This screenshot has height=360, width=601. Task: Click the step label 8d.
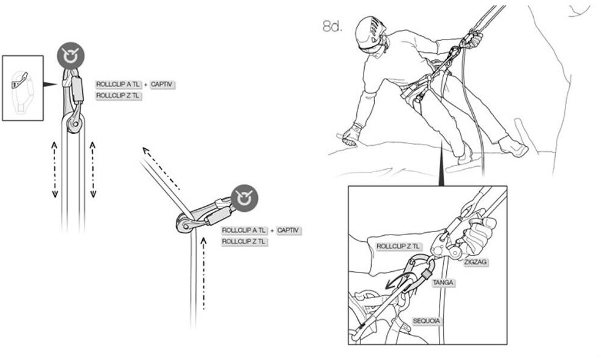(x=332, y=27)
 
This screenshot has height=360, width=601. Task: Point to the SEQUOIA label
(x=427, y=321)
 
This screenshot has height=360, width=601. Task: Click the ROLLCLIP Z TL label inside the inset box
(x=398, y=246)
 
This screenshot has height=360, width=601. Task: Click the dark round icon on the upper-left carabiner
(x=71, y=56)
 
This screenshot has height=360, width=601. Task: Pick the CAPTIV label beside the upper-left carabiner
(x=162, y=85)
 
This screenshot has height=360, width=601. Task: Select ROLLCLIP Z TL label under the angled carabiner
(x=244, y=241)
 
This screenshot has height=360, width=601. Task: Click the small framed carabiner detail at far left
(x=23, y=88)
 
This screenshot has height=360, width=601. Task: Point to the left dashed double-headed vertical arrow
(x=54, y=169)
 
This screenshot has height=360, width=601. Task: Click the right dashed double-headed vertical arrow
(x=93, y=169)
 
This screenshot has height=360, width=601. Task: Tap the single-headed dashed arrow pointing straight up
(x=204, y=273)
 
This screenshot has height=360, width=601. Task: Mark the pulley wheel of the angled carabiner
(x=182, y=224)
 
